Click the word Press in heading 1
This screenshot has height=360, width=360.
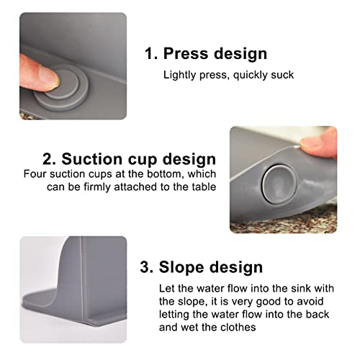click(x=186, y=53)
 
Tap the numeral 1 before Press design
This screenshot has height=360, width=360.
click(x=149, y=53)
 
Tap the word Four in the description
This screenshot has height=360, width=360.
click(x=35, y=174)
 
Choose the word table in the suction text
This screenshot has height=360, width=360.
click(x=204, y=186)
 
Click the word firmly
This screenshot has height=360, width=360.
click(x=97, y=187)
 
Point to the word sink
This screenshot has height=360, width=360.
click(x=301, y=288)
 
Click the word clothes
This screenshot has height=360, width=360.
click(x=238, y=327)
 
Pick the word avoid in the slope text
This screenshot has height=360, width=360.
click(x=310, y=301)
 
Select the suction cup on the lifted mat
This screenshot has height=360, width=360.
click(x=279, y=184)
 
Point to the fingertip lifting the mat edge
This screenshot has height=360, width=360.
click(x=319, y=143)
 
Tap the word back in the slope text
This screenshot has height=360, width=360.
click(x=317, y=314)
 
